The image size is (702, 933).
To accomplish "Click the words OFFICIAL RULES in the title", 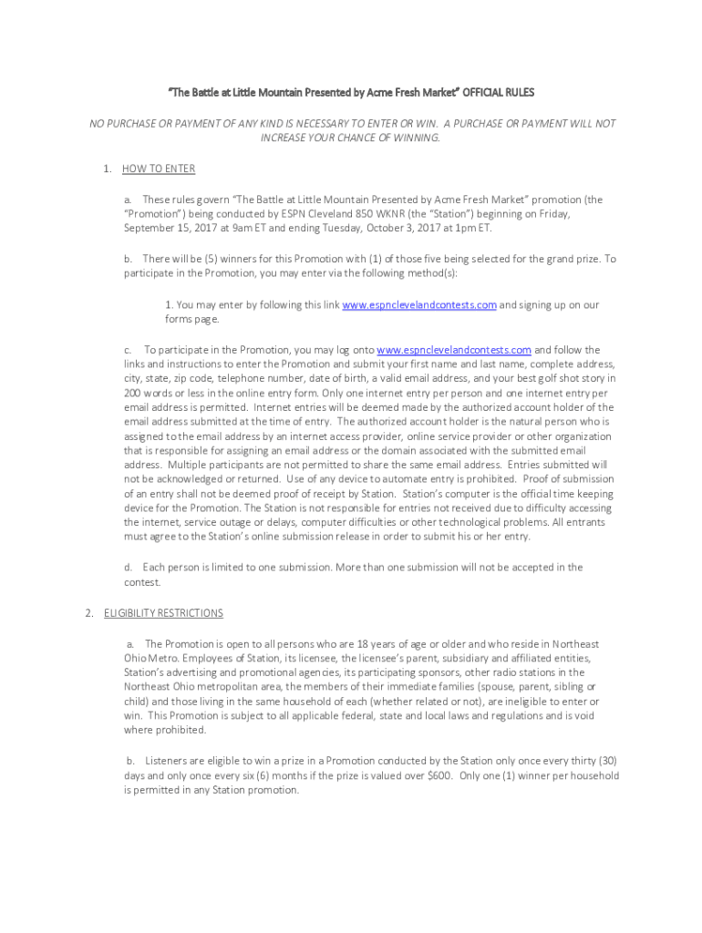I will (499, 93).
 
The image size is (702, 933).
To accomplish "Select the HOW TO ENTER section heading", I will (159, 169).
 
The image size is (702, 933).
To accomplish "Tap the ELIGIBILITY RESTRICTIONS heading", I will (163, 613).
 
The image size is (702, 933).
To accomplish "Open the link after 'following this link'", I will (418, 305).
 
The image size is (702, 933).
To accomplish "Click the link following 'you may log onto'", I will (453, 350).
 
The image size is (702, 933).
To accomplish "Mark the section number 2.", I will (88, 613).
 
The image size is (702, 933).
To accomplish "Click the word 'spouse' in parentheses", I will (484, 687).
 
